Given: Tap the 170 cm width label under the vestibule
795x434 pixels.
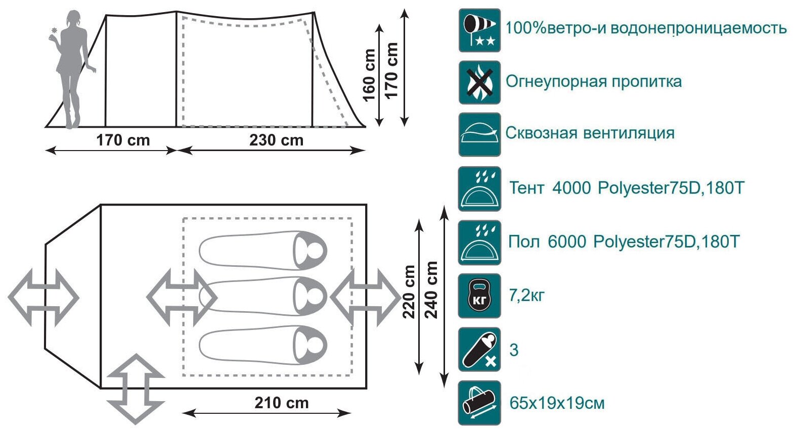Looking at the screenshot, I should point(123,140).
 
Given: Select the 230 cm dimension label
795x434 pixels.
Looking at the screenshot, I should point(276,140).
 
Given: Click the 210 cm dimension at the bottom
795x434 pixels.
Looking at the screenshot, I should point(281,403).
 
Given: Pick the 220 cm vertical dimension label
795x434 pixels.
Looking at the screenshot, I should point(409,292).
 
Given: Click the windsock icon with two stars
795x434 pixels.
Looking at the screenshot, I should point(479,30).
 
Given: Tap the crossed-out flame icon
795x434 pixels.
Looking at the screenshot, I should point(479,82).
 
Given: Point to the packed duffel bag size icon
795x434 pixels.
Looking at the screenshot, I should point(479,403).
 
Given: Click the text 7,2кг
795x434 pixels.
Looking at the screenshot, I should point(526,295).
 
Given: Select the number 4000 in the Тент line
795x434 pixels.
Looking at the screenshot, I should point(571,188).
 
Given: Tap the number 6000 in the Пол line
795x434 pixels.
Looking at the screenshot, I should point(566,242).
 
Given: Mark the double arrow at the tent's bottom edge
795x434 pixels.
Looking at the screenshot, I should point(136,389).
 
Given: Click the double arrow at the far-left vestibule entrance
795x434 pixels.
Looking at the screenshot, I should point(43,297).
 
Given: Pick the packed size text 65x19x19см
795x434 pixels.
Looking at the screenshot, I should point(557,403).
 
